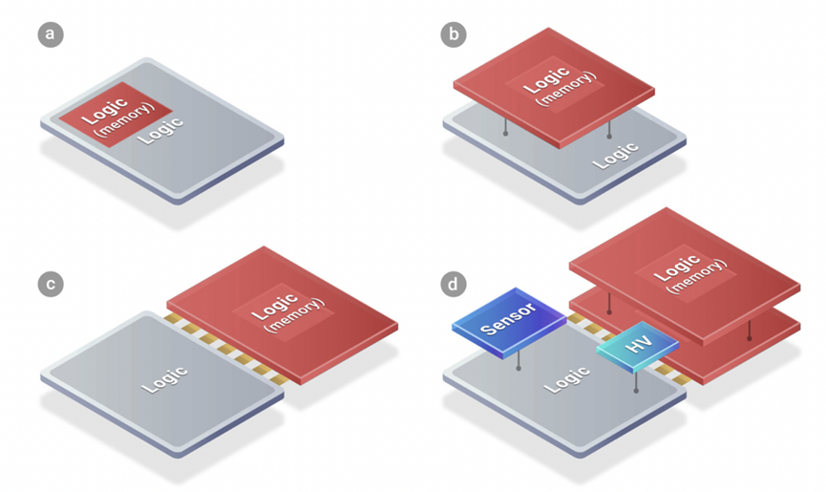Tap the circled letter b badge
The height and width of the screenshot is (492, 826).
point(453,35)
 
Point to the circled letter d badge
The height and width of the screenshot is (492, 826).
point(453,284)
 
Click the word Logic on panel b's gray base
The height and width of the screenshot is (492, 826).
point(615,155)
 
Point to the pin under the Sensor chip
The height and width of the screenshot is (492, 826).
point(519,365)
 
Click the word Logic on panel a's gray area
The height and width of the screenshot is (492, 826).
point(161,130)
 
